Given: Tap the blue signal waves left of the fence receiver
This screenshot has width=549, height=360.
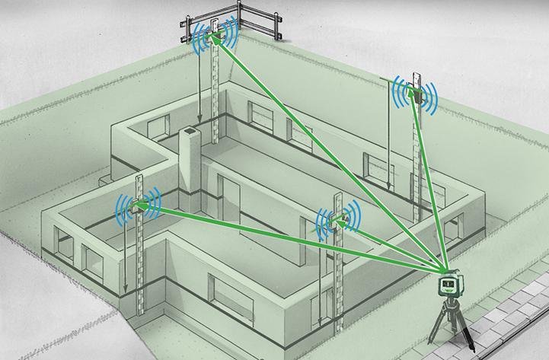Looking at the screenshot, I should point(199,34).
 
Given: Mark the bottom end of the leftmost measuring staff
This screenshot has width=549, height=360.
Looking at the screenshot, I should point(141,312).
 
